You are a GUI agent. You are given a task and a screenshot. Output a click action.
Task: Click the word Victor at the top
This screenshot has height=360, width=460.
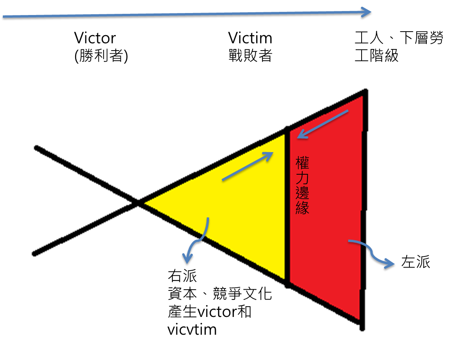[x=95, y=38]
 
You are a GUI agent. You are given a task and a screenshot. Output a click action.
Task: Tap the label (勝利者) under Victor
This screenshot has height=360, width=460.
[x=101, y=55]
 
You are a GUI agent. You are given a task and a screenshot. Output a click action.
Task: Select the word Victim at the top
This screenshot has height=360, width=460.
[x=250, y=38]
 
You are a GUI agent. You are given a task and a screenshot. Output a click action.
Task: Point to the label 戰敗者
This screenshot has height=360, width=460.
[x=250, y=55]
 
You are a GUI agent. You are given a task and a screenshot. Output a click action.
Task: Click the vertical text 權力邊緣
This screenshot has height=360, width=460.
[x=302, y=185]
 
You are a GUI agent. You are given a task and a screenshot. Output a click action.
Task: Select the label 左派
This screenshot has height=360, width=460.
[x=416, y=262]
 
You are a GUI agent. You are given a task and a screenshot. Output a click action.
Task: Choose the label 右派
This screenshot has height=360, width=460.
[x=182, y=276]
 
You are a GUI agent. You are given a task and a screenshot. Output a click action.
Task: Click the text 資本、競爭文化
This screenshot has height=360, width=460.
[x=220, y=294]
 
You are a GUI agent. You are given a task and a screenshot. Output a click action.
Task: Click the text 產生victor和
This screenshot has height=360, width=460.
[x=209, y=311]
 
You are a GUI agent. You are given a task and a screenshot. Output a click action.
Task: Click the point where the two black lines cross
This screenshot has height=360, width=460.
[x=138, y=202]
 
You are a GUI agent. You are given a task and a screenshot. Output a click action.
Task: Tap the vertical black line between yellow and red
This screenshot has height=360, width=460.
[x=288, y=207]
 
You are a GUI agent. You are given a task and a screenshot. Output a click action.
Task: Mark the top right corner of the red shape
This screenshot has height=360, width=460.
[x=365, y=91]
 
